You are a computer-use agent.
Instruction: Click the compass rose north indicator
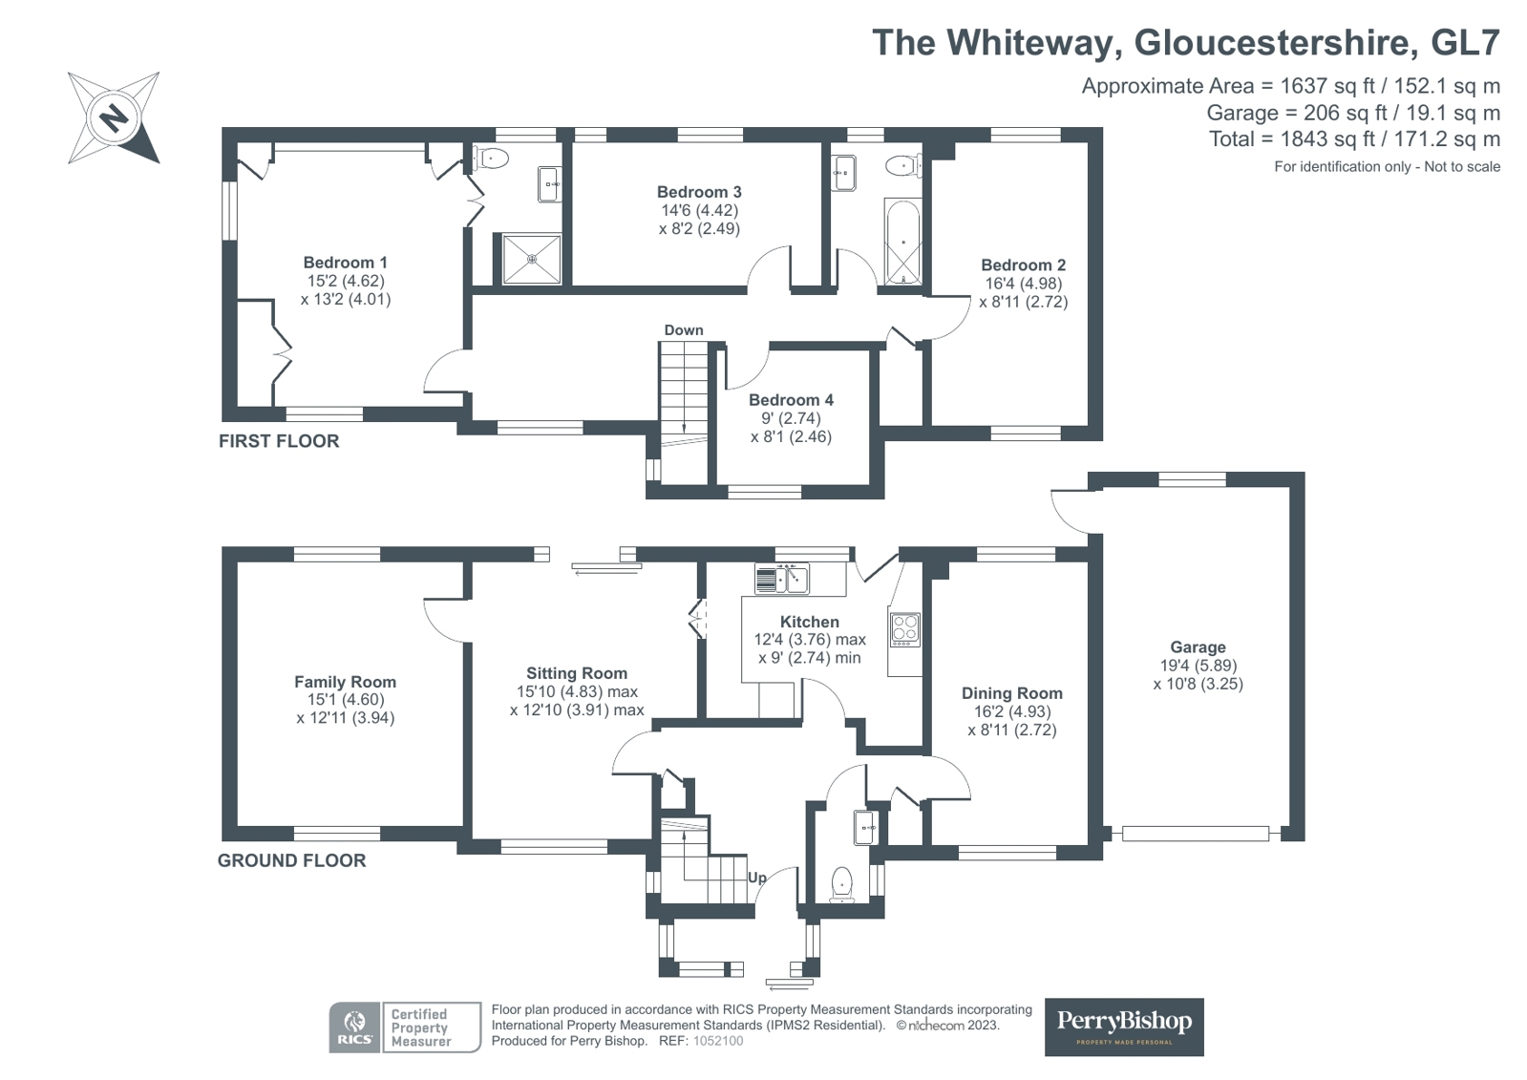coord(114,118)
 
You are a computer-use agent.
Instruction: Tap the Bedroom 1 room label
coord(345,263)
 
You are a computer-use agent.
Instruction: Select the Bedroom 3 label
coord(699,192)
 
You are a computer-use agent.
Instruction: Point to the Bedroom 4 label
coord(791,400)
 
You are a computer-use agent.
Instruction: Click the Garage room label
coord(1198,647)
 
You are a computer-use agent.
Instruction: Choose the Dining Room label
coord(1011,693)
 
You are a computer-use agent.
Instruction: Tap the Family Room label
coord(345,682)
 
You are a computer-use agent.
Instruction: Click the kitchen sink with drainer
coord(781,579)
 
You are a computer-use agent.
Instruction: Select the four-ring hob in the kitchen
coord(904,628)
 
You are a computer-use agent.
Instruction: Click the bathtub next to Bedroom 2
coord(902,243)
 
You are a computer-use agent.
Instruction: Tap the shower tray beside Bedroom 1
coord(532,258)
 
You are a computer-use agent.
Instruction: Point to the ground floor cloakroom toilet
coord(841,882)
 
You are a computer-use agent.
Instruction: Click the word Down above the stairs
coord(684,330)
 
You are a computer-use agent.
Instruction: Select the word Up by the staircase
coord(757,878)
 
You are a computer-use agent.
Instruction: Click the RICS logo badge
coord(354,1027)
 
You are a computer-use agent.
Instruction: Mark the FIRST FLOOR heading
coord(279,441)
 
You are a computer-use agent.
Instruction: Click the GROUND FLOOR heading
coord(291,860)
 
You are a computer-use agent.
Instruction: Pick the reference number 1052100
coord(717,1041)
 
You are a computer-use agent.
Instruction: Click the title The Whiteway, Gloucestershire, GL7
coord(1185,43)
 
